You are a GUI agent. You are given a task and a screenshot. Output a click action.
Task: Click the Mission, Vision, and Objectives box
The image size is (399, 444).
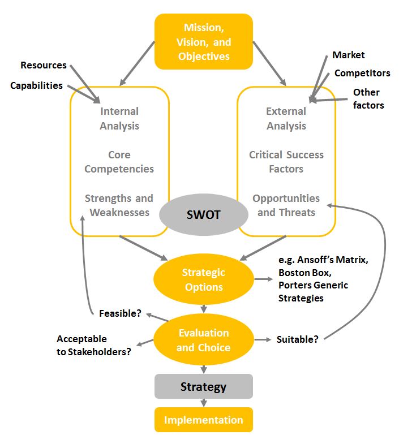tap(204, 41)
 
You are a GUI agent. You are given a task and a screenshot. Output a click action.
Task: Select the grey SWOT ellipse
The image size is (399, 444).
tap(204, 215)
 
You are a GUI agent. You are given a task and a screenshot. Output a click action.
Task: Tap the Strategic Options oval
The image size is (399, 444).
tap(204, 279)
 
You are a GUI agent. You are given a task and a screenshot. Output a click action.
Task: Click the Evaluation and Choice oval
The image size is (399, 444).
tap(204, 340)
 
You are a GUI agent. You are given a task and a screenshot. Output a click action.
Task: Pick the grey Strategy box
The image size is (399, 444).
tap(204, 387)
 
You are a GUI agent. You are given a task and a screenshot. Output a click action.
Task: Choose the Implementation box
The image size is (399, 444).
tap(204, 420)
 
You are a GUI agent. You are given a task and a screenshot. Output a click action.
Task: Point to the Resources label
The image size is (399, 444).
tap(44, 65)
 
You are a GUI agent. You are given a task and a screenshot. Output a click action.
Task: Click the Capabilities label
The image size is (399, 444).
tap(37, 85)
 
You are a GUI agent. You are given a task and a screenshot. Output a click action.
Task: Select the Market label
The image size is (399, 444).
tap(348, 55)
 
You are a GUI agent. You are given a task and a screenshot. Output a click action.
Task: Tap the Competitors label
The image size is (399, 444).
tap(362, 73)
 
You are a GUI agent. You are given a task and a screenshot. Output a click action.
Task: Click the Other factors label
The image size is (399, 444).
tap(368, 98)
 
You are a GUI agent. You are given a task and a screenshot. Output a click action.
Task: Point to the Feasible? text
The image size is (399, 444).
tap(120, 313)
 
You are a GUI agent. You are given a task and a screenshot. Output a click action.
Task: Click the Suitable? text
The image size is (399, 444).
tap(297, 339)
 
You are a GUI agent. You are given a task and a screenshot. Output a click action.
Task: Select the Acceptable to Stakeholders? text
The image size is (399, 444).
tap(93, 345)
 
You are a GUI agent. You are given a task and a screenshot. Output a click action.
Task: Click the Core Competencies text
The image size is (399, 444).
tap(119, 162)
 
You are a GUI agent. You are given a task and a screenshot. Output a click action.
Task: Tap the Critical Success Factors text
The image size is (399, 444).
tap(286, 162)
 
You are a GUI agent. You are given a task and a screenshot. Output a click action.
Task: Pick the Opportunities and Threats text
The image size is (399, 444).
tap(286, 205)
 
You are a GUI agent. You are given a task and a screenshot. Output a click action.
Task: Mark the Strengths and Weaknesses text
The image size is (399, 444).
tap(119, 205)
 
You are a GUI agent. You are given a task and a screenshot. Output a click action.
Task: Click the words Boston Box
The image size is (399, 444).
tap(300, 271)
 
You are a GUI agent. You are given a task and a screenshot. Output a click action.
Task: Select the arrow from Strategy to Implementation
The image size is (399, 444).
tap(204, 403)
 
